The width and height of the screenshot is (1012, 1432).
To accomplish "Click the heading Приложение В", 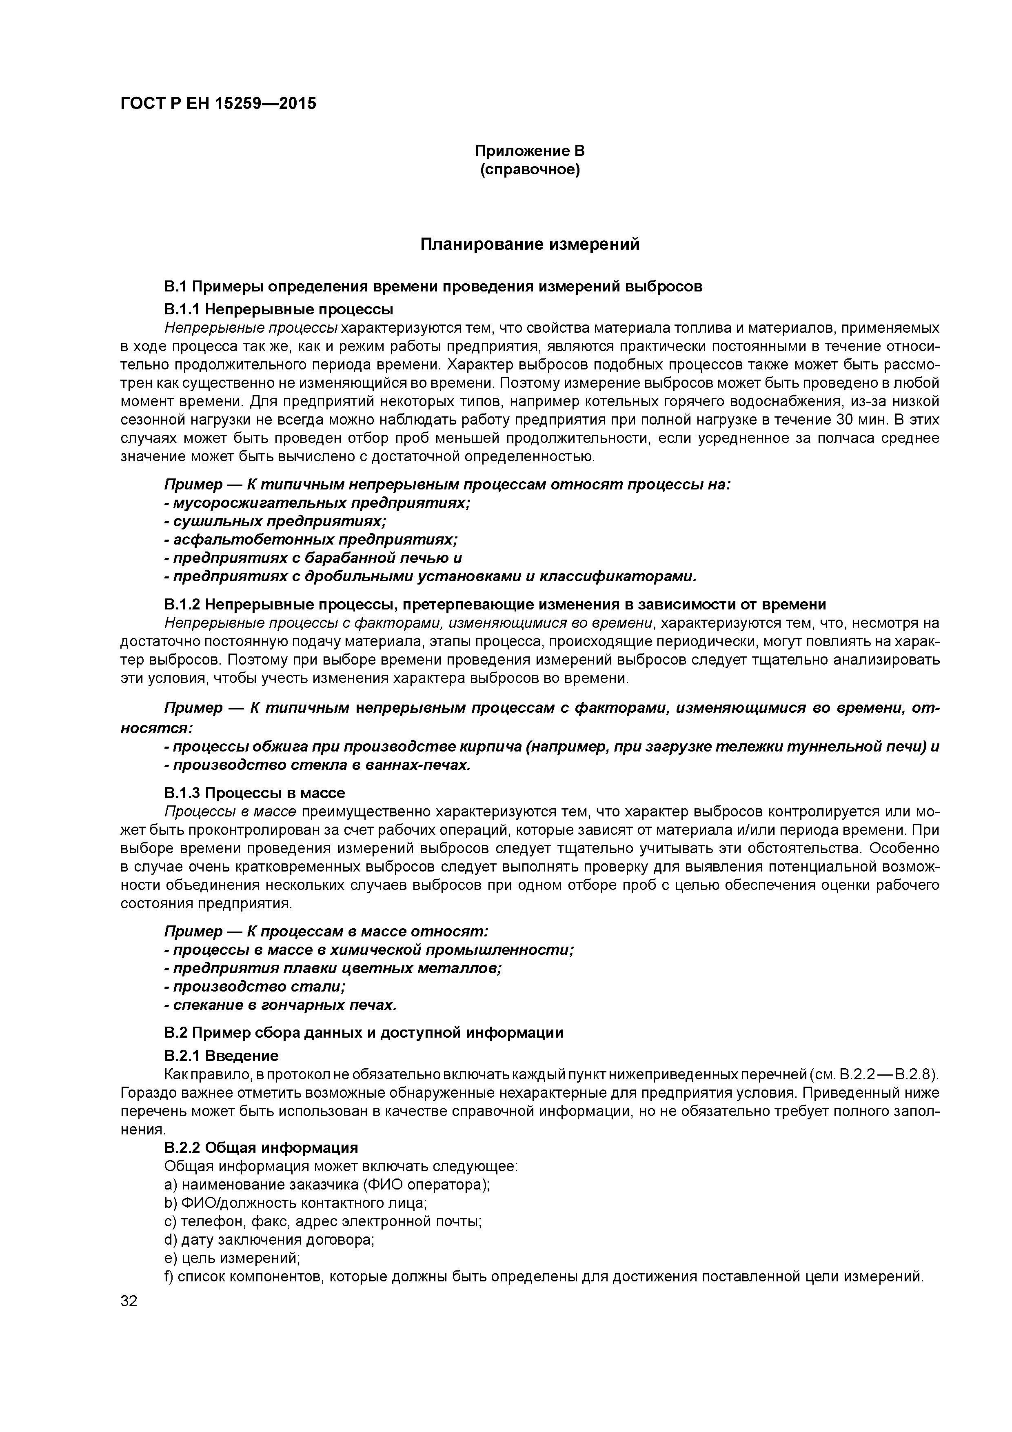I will [x=529, y=151].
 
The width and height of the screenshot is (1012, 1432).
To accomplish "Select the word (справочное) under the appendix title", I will [x=529, y=170].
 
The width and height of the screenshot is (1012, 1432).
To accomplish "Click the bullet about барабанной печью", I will [x=313, y=558].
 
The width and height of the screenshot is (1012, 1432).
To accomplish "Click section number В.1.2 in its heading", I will [x=182, y=605].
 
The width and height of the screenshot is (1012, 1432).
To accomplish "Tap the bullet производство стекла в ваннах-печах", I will [x=317, y=765].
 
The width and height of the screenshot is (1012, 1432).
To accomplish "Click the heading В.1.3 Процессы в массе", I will [x=254, y=793].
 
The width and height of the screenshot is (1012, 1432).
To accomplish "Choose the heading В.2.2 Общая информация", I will [x=261, y=1147].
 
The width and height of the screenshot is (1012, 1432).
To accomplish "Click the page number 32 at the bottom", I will [x=129, y=1301].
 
